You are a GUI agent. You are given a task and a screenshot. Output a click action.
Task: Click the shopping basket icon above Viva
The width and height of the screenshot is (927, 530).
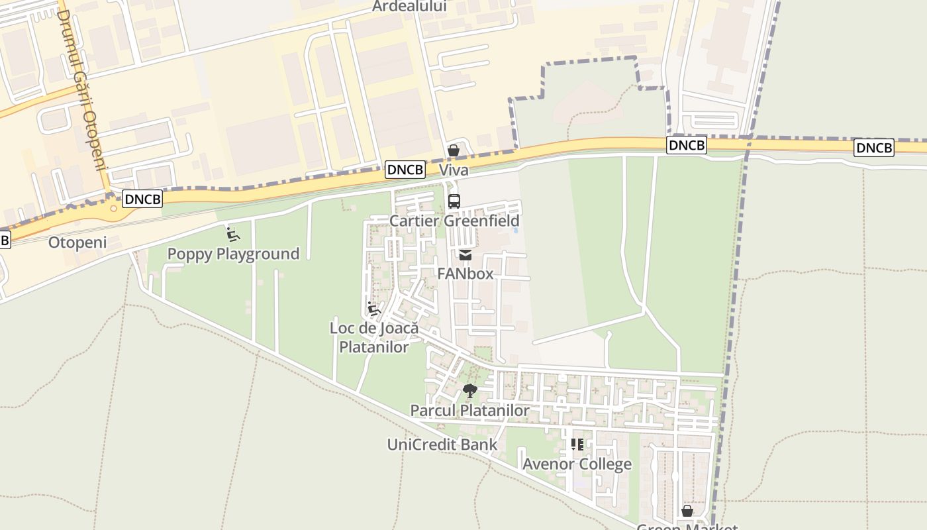454,150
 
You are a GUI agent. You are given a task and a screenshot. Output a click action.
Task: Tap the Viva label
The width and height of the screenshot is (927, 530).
454,170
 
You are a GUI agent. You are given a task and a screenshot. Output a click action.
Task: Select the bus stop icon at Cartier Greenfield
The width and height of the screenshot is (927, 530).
454,201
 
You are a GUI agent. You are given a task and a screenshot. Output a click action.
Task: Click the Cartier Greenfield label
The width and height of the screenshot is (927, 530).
454,221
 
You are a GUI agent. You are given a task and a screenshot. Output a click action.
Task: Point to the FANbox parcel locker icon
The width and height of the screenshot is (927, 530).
465,255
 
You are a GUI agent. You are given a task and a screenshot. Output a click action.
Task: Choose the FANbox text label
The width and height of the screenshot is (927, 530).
465,274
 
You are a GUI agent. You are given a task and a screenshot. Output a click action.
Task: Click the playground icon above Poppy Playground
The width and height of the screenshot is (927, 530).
232,235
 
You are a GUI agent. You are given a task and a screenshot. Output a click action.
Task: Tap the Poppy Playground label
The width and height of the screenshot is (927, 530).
233,254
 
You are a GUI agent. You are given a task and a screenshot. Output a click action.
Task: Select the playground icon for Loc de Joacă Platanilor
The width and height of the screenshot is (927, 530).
374,309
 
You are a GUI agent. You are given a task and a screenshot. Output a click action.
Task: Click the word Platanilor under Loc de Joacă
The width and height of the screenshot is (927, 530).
374,346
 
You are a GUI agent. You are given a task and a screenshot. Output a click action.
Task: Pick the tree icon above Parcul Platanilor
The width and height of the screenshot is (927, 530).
470,391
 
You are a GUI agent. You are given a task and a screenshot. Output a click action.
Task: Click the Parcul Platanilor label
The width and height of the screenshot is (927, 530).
469,411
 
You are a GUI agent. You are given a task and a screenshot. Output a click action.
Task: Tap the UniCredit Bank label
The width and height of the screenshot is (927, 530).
442,444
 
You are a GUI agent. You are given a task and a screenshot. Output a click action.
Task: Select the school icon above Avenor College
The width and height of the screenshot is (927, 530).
577,445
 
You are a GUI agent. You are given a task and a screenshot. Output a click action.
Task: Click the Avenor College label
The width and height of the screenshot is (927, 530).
577,464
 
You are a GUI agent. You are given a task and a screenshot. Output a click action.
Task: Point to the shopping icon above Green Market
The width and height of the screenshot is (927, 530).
687,511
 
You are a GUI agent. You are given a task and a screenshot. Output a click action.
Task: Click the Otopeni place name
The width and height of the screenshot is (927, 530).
77,242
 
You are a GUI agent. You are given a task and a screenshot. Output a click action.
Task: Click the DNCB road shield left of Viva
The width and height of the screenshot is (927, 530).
405,170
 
